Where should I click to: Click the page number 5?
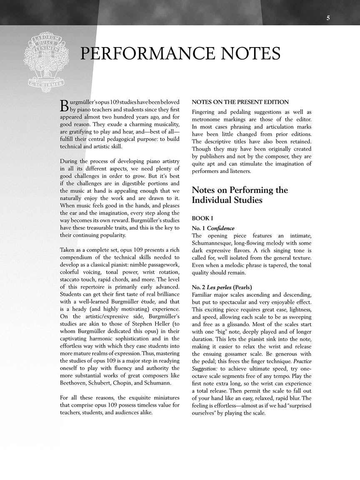328,18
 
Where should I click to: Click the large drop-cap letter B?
64,105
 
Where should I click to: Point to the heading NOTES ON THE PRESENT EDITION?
240,102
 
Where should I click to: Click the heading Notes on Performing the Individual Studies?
240,195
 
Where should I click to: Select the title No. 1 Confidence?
213,228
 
